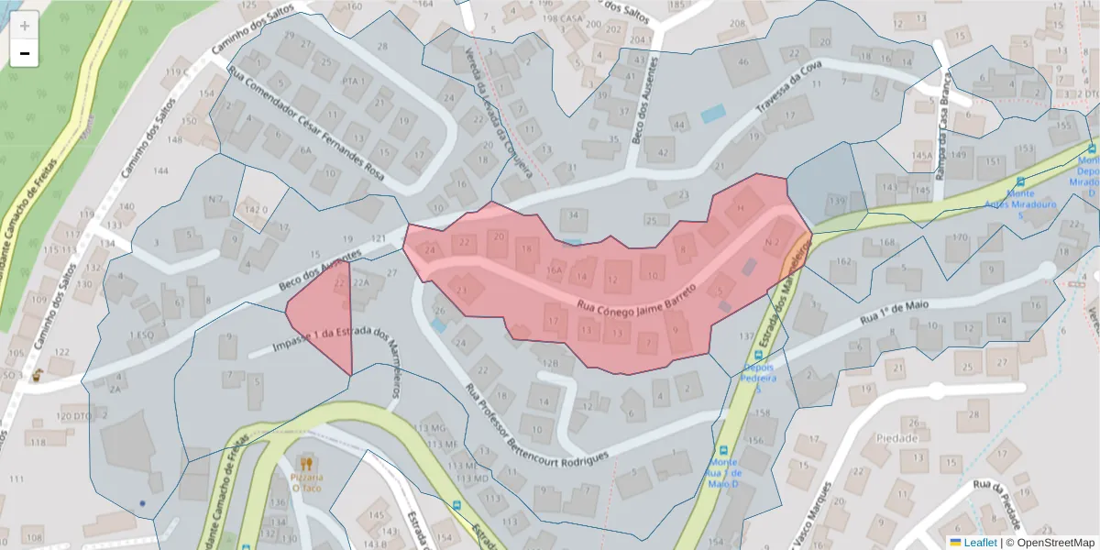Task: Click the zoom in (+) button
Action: [25, 26]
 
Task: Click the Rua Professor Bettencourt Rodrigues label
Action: [536, 425]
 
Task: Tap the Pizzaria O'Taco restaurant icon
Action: [306, 465]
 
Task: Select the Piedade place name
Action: [896, 438]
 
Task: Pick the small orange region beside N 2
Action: [794, 257]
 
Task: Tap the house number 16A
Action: [554, 270]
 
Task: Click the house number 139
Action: [835, 200]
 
